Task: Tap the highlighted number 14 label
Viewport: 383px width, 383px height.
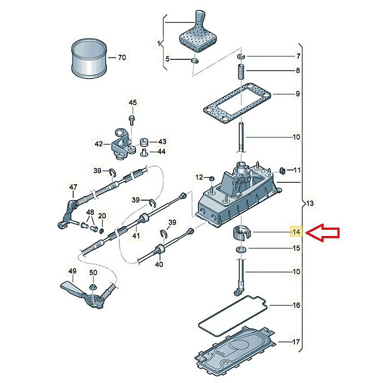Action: (297, 233)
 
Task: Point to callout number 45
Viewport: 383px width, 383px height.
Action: (132, 102)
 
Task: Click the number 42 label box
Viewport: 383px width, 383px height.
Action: (99, 143)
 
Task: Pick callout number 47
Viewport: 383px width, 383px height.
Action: (73, 187)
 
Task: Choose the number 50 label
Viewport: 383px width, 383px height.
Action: (93, 273)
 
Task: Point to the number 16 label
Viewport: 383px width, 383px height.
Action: (297, 304)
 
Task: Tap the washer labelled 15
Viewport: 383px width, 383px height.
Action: (239, 249)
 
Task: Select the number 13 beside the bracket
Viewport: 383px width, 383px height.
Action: (310, 204)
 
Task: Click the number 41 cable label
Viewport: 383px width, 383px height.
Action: (136, 236)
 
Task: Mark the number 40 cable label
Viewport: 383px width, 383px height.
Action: (159, 263)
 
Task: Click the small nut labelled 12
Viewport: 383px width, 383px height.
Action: (211, 179)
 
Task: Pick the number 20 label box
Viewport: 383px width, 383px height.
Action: (102, 216)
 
